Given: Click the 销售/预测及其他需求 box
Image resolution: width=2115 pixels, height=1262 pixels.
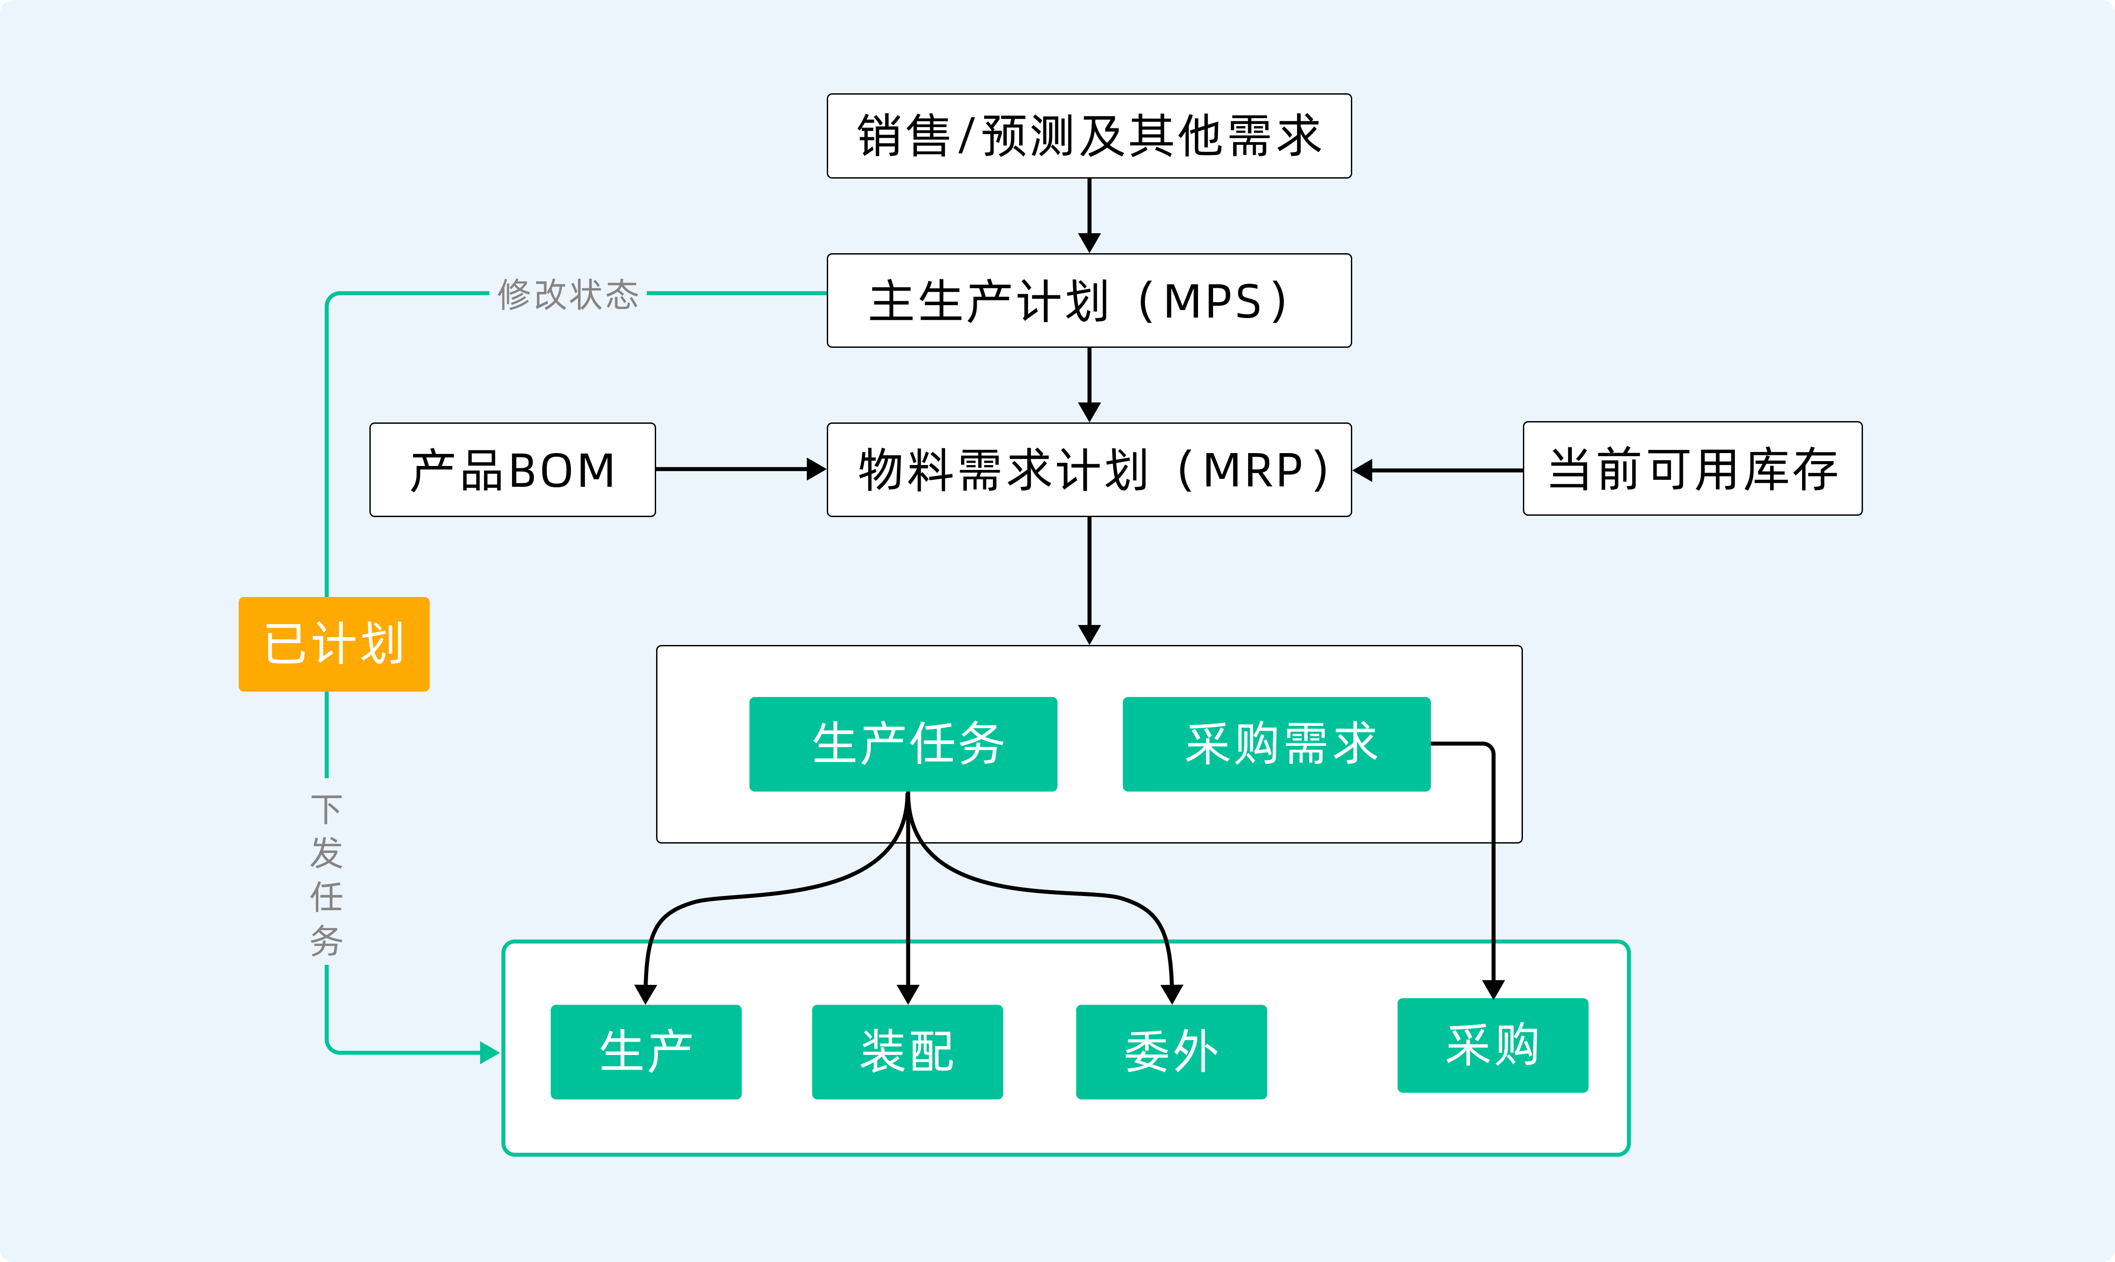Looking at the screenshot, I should (1089, 136).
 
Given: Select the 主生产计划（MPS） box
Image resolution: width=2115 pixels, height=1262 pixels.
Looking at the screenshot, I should (1089, 300).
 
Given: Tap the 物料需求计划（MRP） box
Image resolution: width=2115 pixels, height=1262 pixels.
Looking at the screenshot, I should (1089, 470).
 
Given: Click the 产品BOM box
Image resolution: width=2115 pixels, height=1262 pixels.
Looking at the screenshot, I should (512, 470).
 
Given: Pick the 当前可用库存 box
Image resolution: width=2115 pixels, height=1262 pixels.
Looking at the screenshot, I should (1692, 469).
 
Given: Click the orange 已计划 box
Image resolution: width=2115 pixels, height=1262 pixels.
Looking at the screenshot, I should (333, 644).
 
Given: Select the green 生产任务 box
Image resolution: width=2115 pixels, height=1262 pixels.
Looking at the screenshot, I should (903, 744).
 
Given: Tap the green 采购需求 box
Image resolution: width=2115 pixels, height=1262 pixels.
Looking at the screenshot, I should (1276, 744).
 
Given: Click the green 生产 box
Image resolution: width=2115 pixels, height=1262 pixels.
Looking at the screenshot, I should (646, 1052).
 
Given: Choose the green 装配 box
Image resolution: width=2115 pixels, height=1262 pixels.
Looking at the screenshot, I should (907, 1052).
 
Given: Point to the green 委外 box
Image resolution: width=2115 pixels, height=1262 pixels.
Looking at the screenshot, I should (1171, 1052).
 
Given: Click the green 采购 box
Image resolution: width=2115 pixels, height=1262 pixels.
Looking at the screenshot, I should (1492, 1045).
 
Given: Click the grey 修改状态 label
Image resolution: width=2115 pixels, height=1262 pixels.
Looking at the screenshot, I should (568, 294).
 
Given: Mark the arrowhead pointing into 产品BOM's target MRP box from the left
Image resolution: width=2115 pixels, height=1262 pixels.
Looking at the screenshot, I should (816, 470).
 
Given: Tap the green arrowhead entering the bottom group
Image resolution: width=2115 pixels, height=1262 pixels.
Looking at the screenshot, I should (489, 1053).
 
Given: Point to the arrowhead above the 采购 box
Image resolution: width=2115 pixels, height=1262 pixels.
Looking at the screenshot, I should (1493, 989).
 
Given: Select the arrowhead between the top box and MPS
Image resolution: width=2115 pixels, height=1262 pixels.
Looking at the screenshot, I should (1089, 243).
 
